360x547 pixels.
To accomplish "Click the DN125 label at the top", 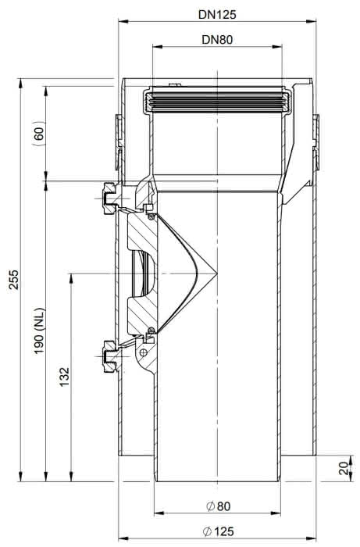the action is click(217, 14).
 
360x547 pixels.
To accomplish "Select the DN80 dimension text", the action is click(217, 39).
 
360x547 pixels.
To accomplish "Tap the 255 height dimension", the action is click(14, 279).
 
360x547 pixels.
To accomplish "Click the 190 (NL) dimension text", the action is click(39, 331).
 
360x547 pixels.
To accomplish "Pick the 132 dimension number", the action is click(65, 377).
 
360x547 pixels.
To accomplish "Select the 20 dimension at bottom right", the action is click(344, 468).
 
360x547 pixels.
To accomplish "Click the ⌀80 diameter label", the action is click(218, 506).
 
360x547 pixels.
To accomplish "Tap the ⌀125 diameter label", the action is click(218, 531).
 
